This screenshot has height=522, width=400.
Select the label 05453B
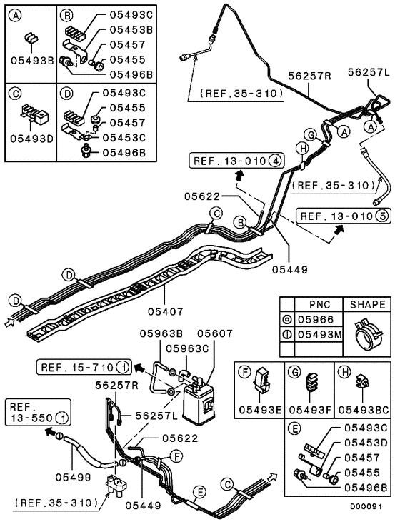(131, 30)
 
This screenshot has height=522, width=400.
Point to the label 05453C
(126, 137)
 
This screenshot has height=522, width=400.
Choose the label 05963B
(161, 333)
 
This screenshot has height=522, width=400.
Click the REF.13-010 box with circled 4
(235, 161)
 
